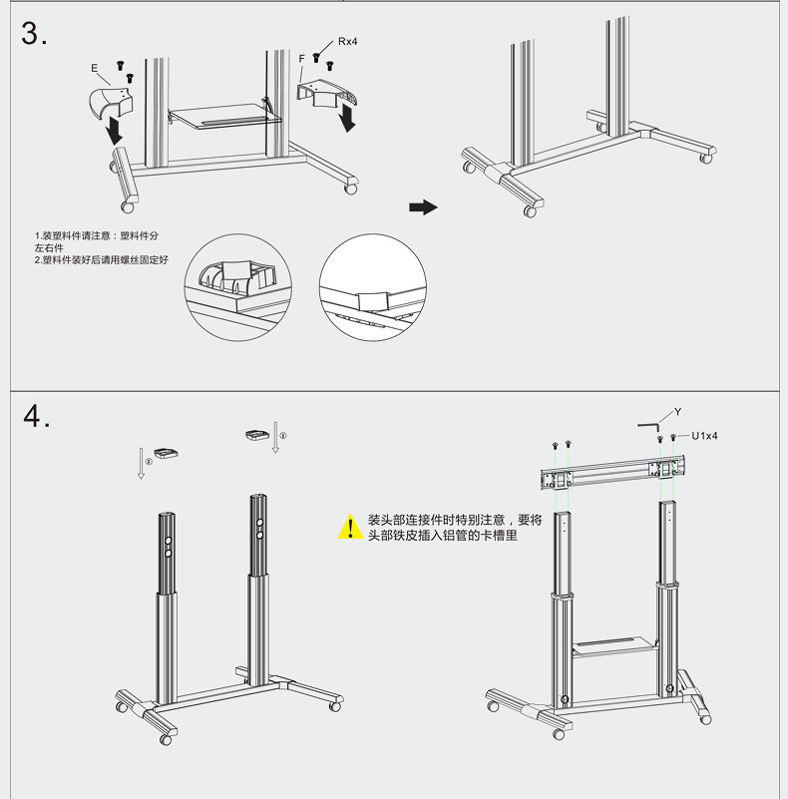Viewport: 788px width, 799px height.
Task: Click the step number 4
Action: pos(37,416)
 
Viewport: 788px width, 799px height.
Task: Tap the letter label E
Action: pos(94,69)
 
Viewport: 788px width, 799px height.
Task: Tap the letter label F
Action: pos(301,60)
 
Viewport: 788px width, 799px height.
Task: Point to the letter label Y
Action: pos(677,411)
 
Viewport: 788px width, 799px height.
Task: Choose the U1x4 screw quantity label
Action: pos(705,436)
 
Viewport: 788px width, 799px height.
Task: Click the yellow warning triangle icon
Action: pos(349,527)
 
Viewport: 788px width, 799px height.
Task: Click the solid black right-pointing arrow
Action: pos(424,206)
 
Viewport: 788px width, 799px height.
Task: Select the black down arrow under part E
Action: pos(116,129)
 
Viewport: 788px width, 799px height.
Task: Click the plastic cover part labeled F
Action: pos(325,94)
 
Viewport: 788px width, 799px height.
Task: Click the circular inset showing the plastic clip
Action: pos(235,288)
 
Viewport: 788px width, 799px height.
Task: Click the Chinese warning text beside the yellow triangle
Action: pos(455,528)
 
